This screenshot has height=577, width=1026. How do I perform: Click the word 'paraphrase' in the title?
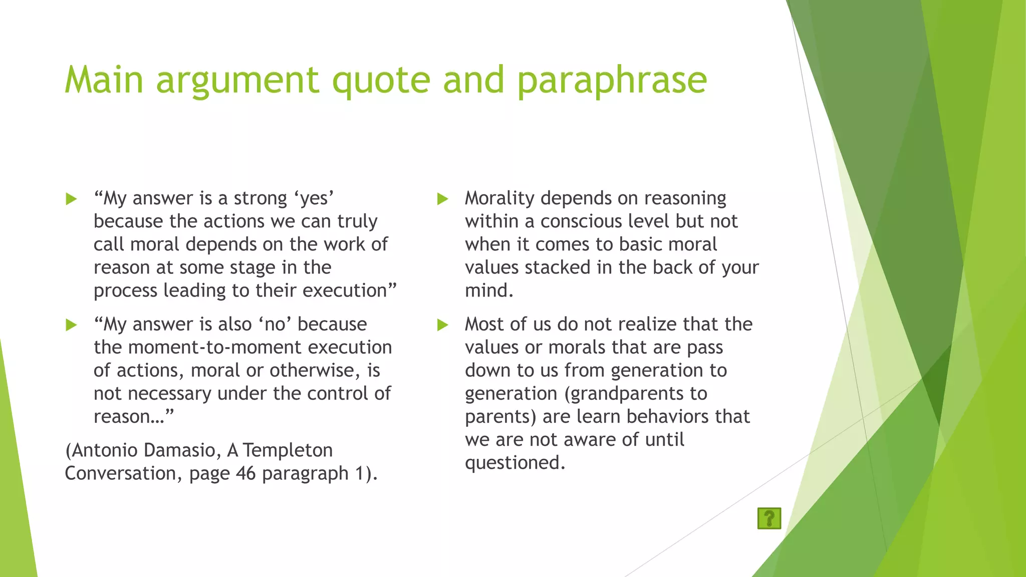pyautogui.click(x=612, y=80)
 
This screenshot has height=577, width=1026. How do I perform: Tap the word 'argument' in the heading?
pyautogui.click(x=237, y=80)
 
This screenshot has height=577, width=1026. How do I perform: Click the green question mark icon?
pyautogui.click(x=769, y=518)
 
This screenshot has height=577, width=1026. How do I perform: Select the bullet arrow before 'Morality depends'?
pyautogui.click(x=442, y=199)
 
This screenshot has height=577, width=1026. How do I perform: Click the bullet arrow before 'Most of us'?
pyautogui.click(x=442, y=325)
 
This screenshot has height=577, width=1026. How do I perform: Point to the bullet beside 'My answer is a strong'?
pyautogui.click(x=71, y=199)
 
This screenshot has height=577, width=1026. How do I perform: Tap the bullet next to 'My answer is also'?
pyautogui.click(x=71, y=325)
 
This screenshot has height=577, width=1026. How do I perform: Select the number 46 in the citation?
pyautogui.click(x=245, y=473)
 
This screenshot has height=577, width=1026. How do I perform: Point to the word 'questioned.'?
pyautogui.click(x=515, y=463)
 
